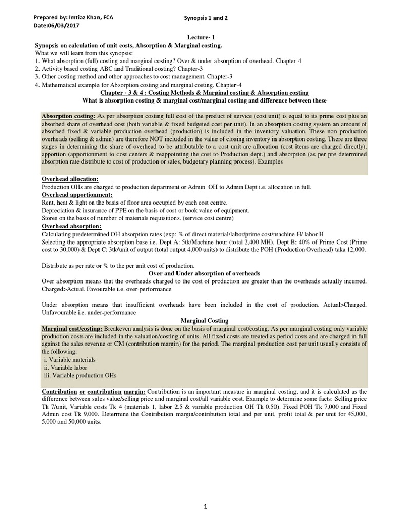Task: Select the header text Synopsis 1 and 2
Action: click(205, 18)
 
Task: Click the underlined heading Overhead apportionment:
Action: click(77, 195)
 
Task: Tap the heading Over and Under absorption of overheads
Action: click(204, 273)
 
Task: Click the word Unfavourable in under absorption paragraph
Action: click(59, 312)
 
